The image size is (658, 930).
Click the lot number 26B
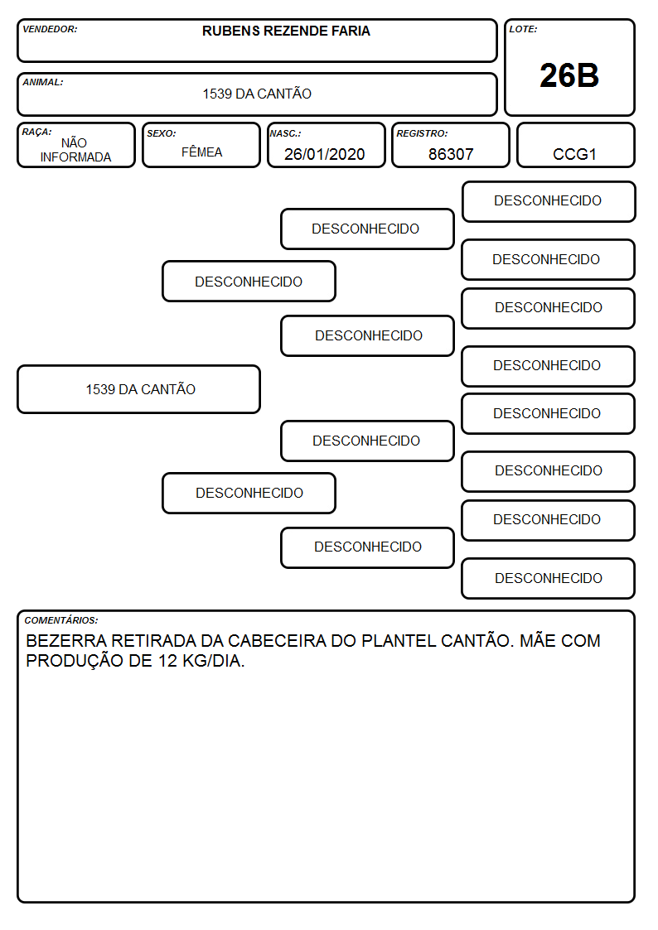(x=569, y=75)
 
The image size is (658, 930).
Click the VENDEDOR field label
(x=50, y=29)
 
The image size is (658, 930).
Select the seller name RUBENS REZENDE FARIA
(x=286, y=31)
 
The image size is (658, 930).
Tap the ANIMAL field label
(x=43, y=83)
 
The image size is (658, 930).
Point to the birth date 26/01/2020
(x=325, y=154)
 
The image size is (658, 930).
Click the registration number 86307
(x=451, y=154)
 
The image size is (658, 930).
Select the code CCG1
(x=574, y=154)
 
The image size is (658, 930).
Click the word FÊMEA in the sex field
(x=201, y=152)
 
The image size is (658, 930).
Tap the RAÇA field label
(x=36, y=132)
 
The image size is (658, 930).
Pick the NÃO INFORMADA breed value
(x=75, y=150)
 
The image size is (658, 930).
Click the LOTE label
(x=523, y=29)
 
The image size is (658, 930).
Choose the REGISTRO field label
(x=422, y=133)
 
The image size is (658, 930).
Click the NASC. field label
(x=285, y=133)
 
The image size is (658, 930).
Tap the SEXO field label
(x=162, y=133)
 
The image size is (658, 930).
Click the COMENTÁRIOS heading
(x=61, y=620)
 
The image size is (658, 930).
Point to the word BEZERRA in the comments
(x=66, y=641)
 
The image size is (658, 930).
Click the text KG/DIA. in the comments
(x=214, y=661)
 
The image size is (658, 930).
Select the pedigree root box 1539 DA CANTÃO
(x=139, y=389)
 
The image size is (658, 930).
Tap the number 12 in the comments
(x=167, y=661)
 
